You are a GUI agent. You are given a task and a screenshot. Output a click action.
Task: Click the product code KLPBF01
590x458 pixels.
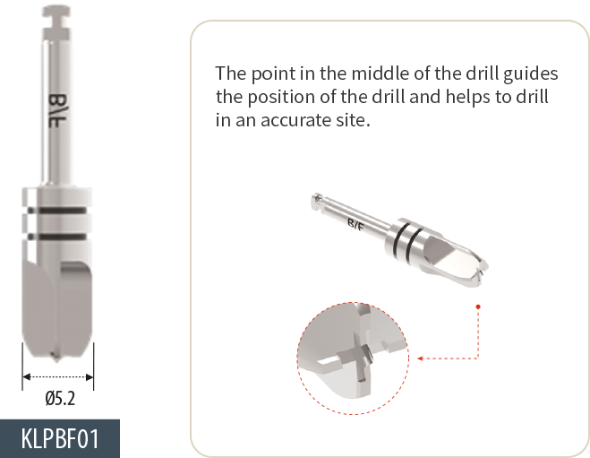[60, 438]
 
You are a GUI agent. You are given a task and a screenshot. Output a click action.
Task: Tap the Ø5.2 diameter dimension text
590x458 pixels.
[60, 399]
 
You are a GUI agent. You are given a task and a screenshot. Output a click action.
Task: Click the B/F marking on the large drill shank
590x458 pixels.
[58, 110]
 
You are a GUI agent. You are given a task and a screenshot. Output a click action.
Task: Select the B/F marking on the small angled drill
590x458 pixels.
[355, 225]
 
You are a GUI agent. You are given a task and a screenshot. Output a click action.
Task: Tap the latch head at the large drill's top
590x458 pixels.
[56, 12]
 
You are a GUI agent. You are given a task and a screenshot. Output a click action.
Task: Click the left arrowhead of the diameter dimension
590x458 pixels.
[26, 377]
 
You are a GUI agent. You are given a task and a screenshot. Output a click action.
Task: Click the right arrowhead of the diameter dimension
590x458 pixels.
[90, 377]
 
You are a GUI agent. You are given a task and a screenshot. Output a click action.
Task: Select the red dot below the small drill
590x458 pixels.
[478, 307]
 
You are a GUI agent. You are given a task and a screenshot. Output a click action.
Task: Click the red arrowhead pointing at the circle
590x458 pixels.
[421, 359]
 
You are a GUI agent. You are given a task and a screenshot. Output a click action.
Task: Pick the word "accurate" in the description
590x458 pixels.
[294, 120]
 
